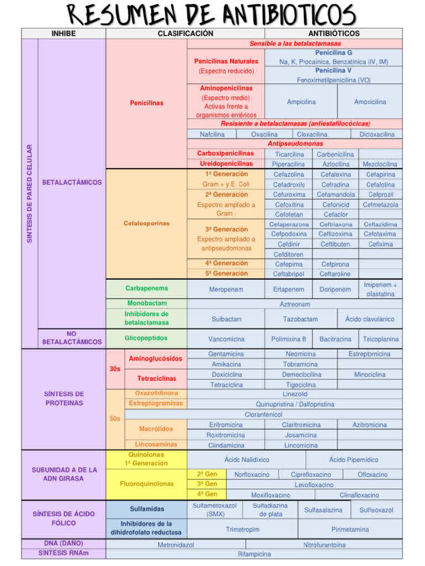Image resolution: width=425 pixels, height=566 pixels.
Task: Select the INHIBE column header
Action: click(64, 33)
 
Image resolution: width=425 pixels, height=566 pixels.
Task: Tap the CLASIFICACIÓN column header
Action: click(185, 33)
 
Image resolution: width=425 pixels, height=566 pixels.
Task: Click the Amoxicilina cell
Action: click(370, 102)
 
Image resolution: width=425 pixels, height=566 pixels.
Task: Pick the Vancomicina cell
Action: click(226, 339)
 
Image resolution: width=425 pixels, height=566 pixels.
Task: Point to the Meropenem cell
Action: click(226, 289)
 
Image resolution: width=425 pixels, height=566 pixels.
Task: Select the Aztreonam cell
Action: click(294, 304)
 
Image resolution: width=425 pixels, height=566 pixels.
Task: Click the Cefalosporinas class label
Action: click(146, 223)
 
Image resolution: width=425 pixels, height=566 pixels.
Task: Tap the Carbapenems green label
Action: click(146, 288)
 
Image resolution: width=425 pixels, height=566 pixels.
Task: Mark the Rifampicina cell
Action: click(254, 553)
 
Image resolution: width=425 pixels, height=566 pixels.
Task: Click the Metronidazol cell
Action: click(175, 544)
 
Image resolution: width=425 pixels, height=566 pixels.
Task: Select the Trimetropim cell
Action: click(242, 529)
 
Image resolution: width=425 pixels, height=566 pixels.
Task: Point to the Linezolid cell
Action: click(294, 394)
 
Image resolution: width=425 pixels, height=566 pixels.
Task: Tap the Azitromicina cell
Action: click(370, 424)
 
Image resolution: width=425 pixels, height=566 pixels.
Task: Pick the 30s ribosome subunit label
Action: click(115, 369)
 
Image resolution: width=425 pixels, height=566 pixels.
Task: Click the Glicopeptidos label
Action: click(146, 338)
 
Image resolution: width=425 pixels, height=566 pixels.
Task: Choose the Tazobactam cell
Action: click(300, 319)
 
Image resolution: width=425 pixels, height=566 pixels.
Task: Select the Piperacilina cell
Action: click(288, 164)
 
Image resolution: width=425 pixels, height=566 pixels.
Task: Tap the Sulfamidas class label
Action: click(146, 509)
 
